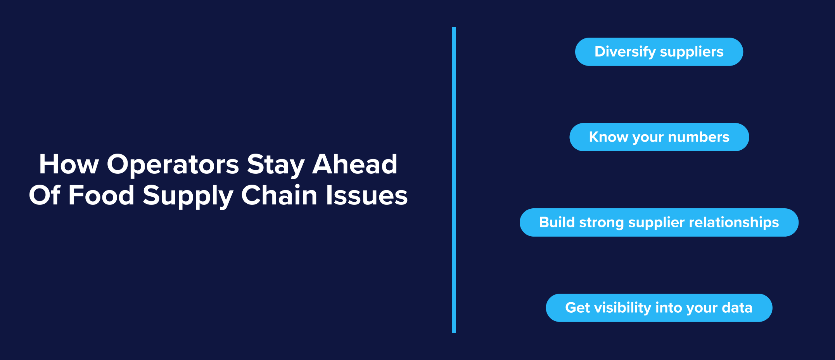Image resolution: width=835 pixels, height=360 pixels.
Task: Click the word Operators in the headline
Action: point(173,165)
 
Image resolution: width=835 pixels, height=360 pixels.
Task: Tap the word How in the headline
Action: point(69,164)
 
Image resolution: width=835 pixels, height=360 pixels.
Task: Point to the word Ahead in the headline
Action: point(355,164)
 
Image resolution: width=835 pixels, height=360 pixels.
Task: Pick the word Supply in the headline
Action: point(188,196)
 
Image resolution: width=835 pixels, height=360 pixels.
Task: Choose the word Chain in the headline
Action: point(279,195)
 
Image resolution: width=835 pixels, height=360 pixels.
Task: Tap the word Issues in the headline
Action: point(367,195)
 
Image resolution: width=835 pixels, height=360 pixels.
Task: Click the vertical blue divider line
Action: point(454,180)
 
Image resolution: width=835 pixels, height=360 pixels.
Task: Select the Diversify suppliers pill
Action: point(659,52)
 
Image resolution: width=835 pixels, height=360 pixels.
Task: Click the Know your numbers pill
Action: point(659,137)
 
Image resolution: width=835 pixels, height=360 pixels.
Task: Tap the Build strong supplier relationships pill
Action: point(659,222)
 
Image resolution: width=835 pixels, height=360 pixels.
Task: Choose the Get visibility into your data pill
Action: point(659,308)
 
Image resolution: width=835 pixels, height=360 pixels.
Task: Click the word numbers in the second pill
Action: point(698,137)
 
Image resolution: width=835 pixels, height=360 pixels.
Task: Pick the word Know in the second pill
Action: point(609,137)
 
